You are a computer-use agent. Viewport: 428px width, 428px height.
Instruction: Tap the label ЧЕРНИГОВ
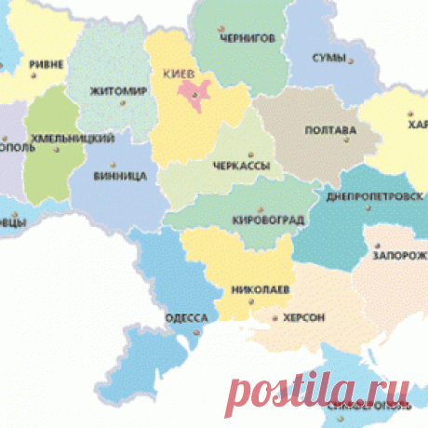247,39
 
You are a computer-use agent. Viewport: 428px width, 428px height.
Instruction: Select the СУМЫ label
328,59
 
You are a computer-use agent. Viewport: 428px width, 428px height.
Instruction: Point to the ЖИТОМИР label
119,91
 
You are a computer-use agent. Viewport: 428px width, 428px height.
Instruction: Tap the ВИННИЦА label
120,175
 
